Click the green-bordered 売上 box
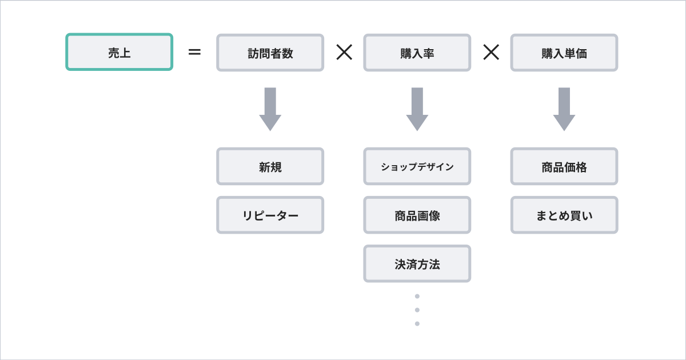point(119,52)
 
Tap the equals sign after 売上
point(194,52)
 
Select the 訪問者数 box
point(270,53)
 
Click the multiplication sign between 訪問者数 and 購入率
point(344,52)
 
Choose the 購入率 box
point(417,53)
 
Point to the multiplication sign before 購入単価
point(491,52)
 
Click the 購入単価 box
point(564,53)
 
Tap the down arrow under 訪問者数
point(270,109)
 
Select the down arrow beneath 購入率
point(417,109)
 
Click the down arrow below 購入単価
point(564,109)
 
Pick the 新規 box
point(270,166)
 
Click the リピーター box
point(270,215)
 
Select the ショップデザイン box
point(417,166)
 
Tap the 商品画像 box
point(417,215)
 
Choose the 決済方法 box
point(417,263)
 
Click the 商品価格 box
point(564,166)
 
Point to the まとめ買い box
point(564,215)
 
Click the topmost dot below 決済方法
point(417,296)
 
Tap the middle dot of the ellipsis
point(417,310)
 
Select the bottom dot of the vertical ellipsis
point(417,323)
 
